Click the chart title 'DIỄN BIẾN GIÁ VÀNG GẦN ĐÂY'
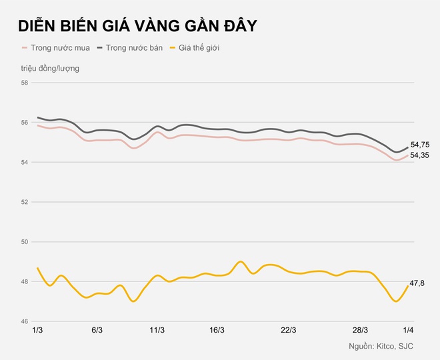pyautogui.click(x=138, y=26)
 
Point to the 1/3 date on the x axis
pyautogui.click(x=37, y=330)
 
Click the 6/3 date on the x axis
pyautogui.click(x=97, y=330)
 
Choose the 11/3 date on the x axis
pyautogui.click(x=157, y=330)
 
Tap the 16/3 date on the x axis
pyautogui.click(x=217, y=330)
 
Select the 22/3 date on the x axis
pyautogui.click(x=289, y=330)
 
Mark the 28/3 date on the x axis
pyautogui.click(x=360, y=330)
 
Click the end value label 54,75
pyautogui.click(x=419, y=145)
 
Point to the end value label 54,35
pyautogui.click(x=419, y=155)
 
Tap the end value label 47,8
pyautogui.click(x=417, y=283)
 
